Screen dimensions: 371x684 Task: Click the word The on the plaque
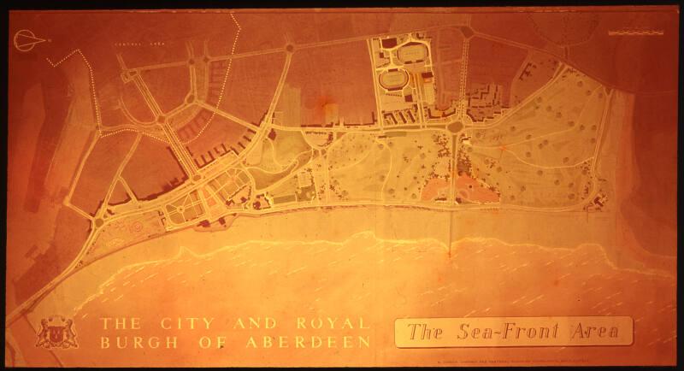click(x=423, y=332)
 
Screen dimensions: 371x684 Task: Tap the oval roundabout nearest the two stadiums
click(x=455, y=127)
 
